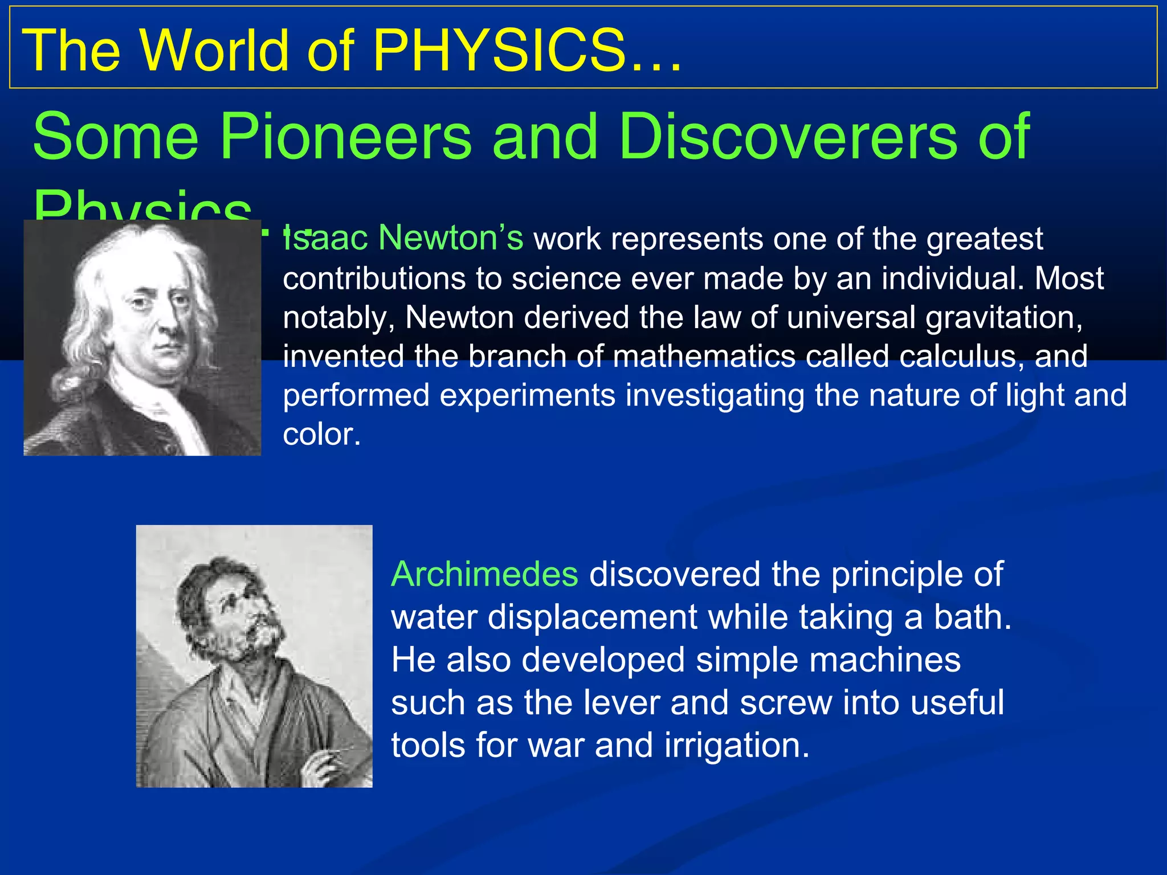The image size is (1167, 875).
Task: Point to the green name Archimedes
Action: pos(484,574)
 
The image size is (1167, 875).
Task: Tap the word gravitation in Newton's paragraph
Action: pos(1003,318)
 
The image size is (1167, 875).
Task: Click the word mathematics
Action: pos(704,357)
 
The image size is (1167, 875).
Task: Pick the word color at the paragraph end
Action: pos(321,435)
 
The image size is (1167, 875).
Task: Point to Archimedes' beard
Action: pos(256,649)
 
